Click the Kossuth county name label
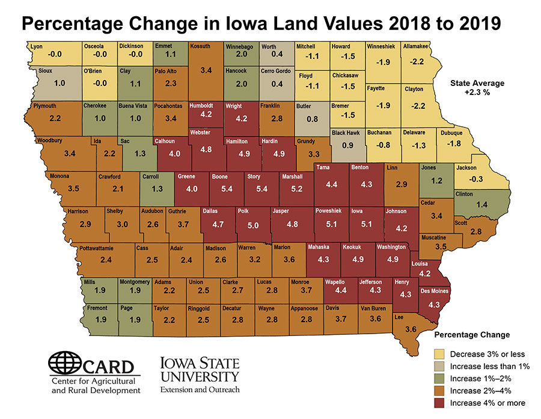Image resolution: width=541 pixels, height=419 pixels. pyautogui.click(x=200, y=46)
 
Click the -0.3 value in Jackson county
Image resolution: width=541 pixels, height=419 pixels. pyautogui.click(x=476, y=179)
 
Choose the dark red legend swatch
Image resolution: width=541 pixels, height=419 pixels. pyautogui.click(x=440, y=402)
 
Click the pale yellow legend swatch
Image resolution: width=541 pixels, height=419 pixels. pyautogui.click(x=440, y=353)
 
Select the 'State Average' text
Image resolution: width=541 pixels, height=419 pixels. pyautogui.click(x=477, y=83)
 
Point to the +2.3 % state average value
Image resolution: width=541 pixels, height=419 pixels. pyautogui.click(x=477, y=93)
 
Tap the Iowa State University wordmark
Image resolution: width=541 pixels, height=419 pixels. pyautogui.click(x=200, y=373)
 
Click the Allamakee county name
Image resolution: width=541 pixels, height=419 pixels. pyautogui.click(x=416, y=46)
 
